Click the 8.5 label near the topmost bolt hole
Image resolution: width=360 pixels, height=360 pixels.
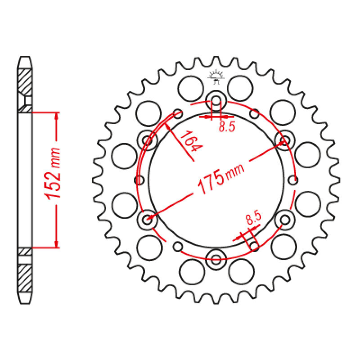tap(227, 127)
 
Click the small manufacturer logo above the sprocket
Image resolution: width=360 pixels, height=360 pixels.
tap(216, 77)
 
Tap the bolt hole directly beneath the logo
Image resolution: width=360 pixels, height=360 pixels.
tap(216, 100)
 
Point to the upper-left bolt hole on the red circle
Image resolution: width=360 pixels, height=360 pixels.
tap(147, 139)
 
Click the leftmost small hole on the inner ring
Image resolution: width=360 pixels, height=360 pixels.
tap(139, 180)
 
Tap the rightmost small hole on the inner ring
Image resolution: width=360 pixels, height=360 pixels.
tap(293, 180)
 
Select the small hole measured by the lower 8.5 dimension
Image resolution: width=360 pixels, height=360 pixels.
tap(254, 246)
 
